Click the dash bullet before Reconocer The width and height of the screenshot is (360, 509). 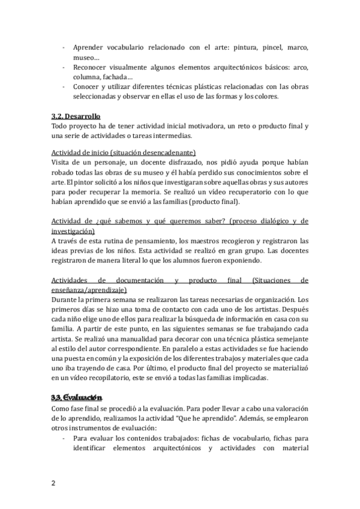click(64, 68)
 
